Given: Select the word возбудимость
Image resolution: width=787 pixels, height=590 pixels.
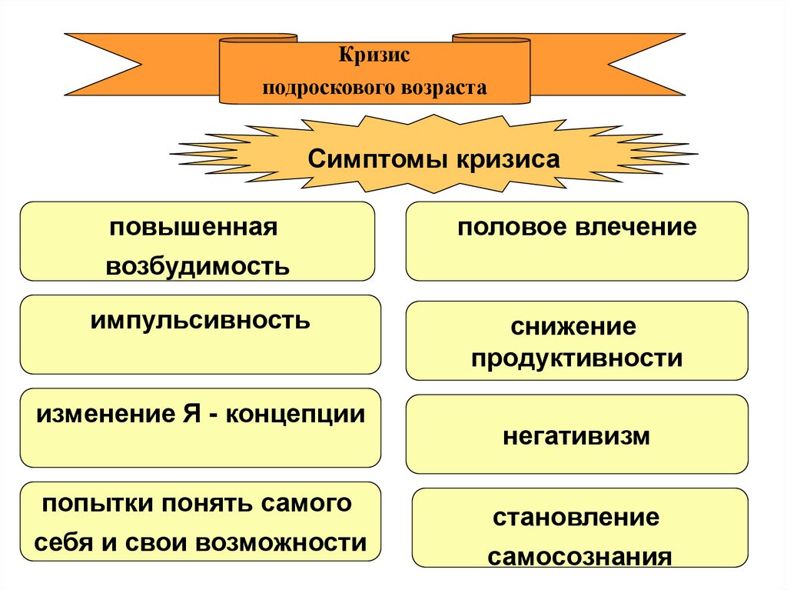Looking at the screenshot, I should point(198,266).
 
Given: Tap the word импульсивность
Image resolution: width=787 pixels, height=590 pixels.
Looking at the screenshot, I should point(200,320).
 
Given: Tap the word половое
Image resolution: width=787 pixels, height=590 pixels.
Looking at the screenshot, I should point(505,228).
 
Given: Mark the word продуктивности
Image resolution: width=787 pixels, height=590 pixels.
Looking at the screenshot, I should point(576,358).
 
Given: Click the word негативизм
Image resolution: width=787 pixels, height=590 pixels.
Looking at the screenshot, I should point(576,437).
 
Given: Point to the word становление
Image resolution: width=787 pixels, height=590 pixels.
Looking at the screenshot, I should point(576,517).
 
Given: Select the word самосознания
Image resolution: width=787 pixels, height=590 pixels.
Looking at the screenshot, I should point(579,556).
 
